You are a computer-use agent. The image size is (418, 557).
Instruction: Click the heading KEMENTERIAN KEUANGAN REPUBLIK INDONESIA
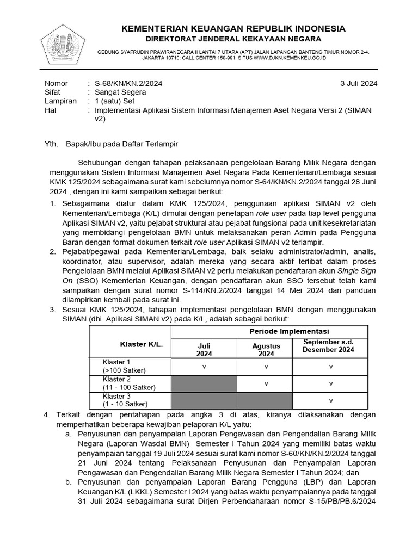tap(232, 28)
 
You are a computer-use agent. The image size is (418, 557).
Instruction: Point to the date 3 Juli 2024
tap(358, 83)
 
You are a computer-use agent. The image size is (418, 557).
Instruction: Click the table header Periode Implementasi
tap(288, 331)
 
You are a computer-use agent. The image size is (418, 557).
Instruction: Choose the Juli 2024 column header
tap(204, 349)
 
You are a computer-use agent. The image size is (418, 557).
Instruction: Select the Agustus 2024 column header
tap(266, 349)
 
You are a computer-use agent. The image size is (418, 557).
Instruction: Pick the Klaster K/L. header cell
tap(142, 344)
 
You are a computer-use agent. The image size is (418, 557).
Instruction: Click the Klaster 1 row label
tap(117, 362)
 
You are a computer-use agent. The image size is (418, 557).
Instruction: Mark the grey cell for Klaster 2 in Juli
tap(204, 383)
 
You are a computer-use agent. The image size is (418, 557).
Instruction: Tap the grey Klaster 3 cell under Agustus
tap(266, 400)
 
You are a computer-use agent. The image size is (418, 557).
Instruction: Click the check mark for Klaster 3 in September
tap(331, 401)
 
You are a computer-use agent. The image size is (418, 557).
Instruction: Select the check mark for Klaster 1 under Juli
tap(204, 366)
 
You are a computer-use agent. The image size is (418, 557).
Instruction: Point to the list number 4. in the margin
tap(46, 414)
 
